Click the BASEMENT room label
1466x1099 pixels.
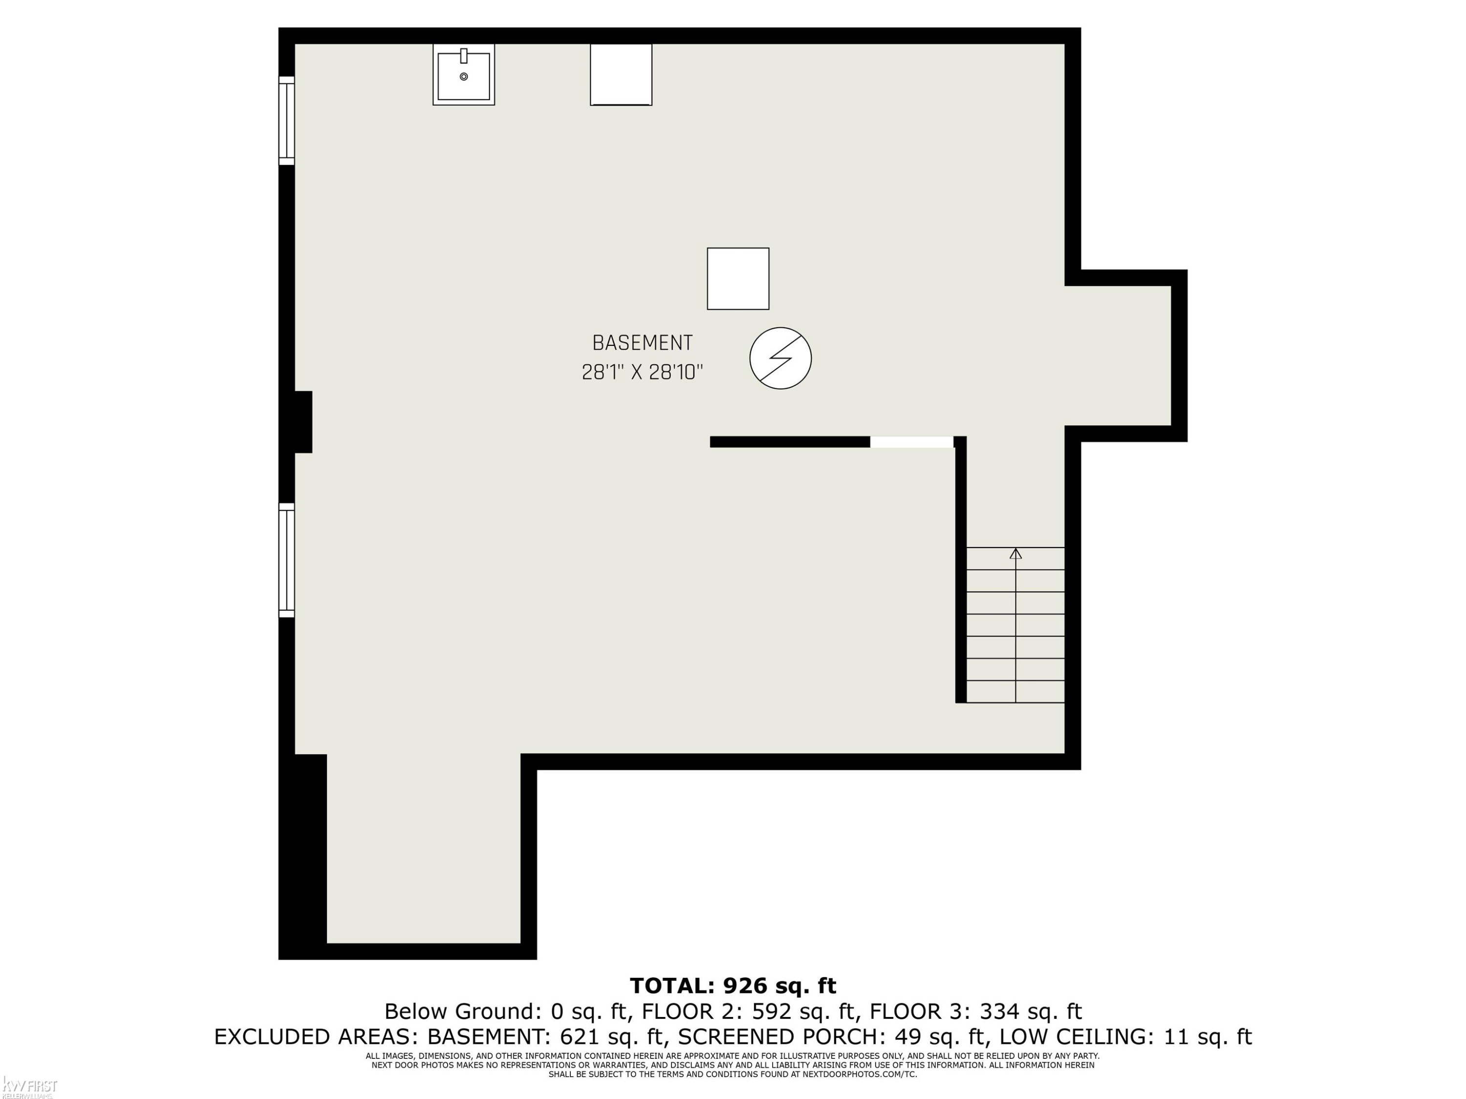point(642,343)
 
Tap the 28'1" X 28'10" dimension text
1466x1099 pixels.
point(642,372)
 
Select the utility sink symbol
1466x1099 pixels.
point(464,74)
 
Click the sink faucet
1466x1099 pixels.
point(464,56)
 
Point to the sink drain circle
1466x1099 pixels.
point(464,77)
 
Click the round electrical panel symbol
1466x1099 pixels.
point(781,359)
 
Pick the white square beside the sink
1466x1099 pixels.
point(621,74)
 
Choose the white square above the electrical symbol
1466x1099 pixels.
point(738,279)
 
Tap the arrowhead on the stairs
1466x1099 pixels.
point(1015,553)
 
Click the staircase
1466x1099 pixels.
point(1015,625)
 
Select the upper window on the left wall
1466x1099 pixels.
point(286,121)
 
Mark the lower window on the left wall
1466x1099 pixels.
point(286,560)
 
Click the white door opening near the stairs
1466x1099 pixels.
point(912,442)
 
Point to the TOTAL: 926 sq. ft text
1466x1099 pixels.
point(733,986)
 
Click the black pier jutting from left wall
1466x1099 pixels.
point(303,422)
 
